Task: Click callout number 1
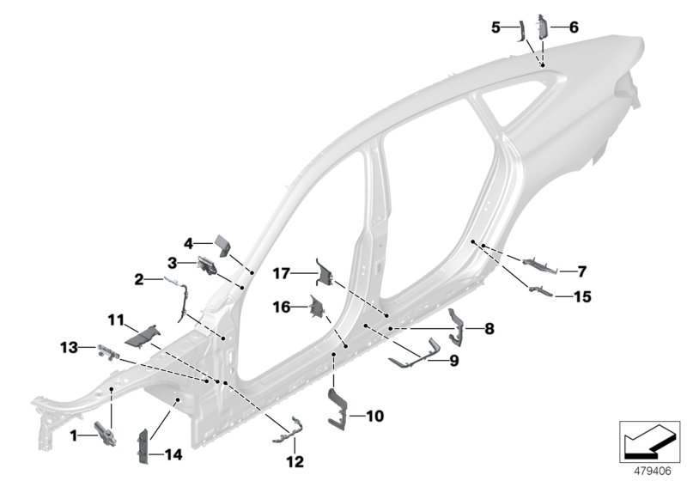point(75,436)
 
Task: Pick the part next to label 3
point(209,265)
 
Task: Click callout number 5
point(495,27)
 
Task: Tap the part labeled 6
point(543,26)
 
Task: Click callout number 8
point(489,328)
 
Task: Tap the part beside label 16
point(318,307)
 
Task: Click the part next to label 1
point(105,434)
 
